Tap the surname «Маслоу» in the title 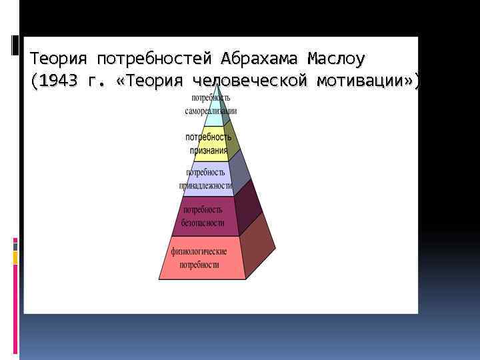pyautogui.click(x=335, y=59)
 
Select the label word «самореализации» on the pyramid pyautogui.click(x=211, y=111)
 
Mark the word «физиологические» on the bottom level pyautogui.click(x=199, y=251)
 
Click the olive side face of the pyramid pyautogui.click(x=231, y=141)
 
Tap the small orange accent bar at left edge pyautogui.click(x=15, y=257)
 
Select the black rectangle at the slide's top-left pyautogui.click(x=15, y=45)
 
